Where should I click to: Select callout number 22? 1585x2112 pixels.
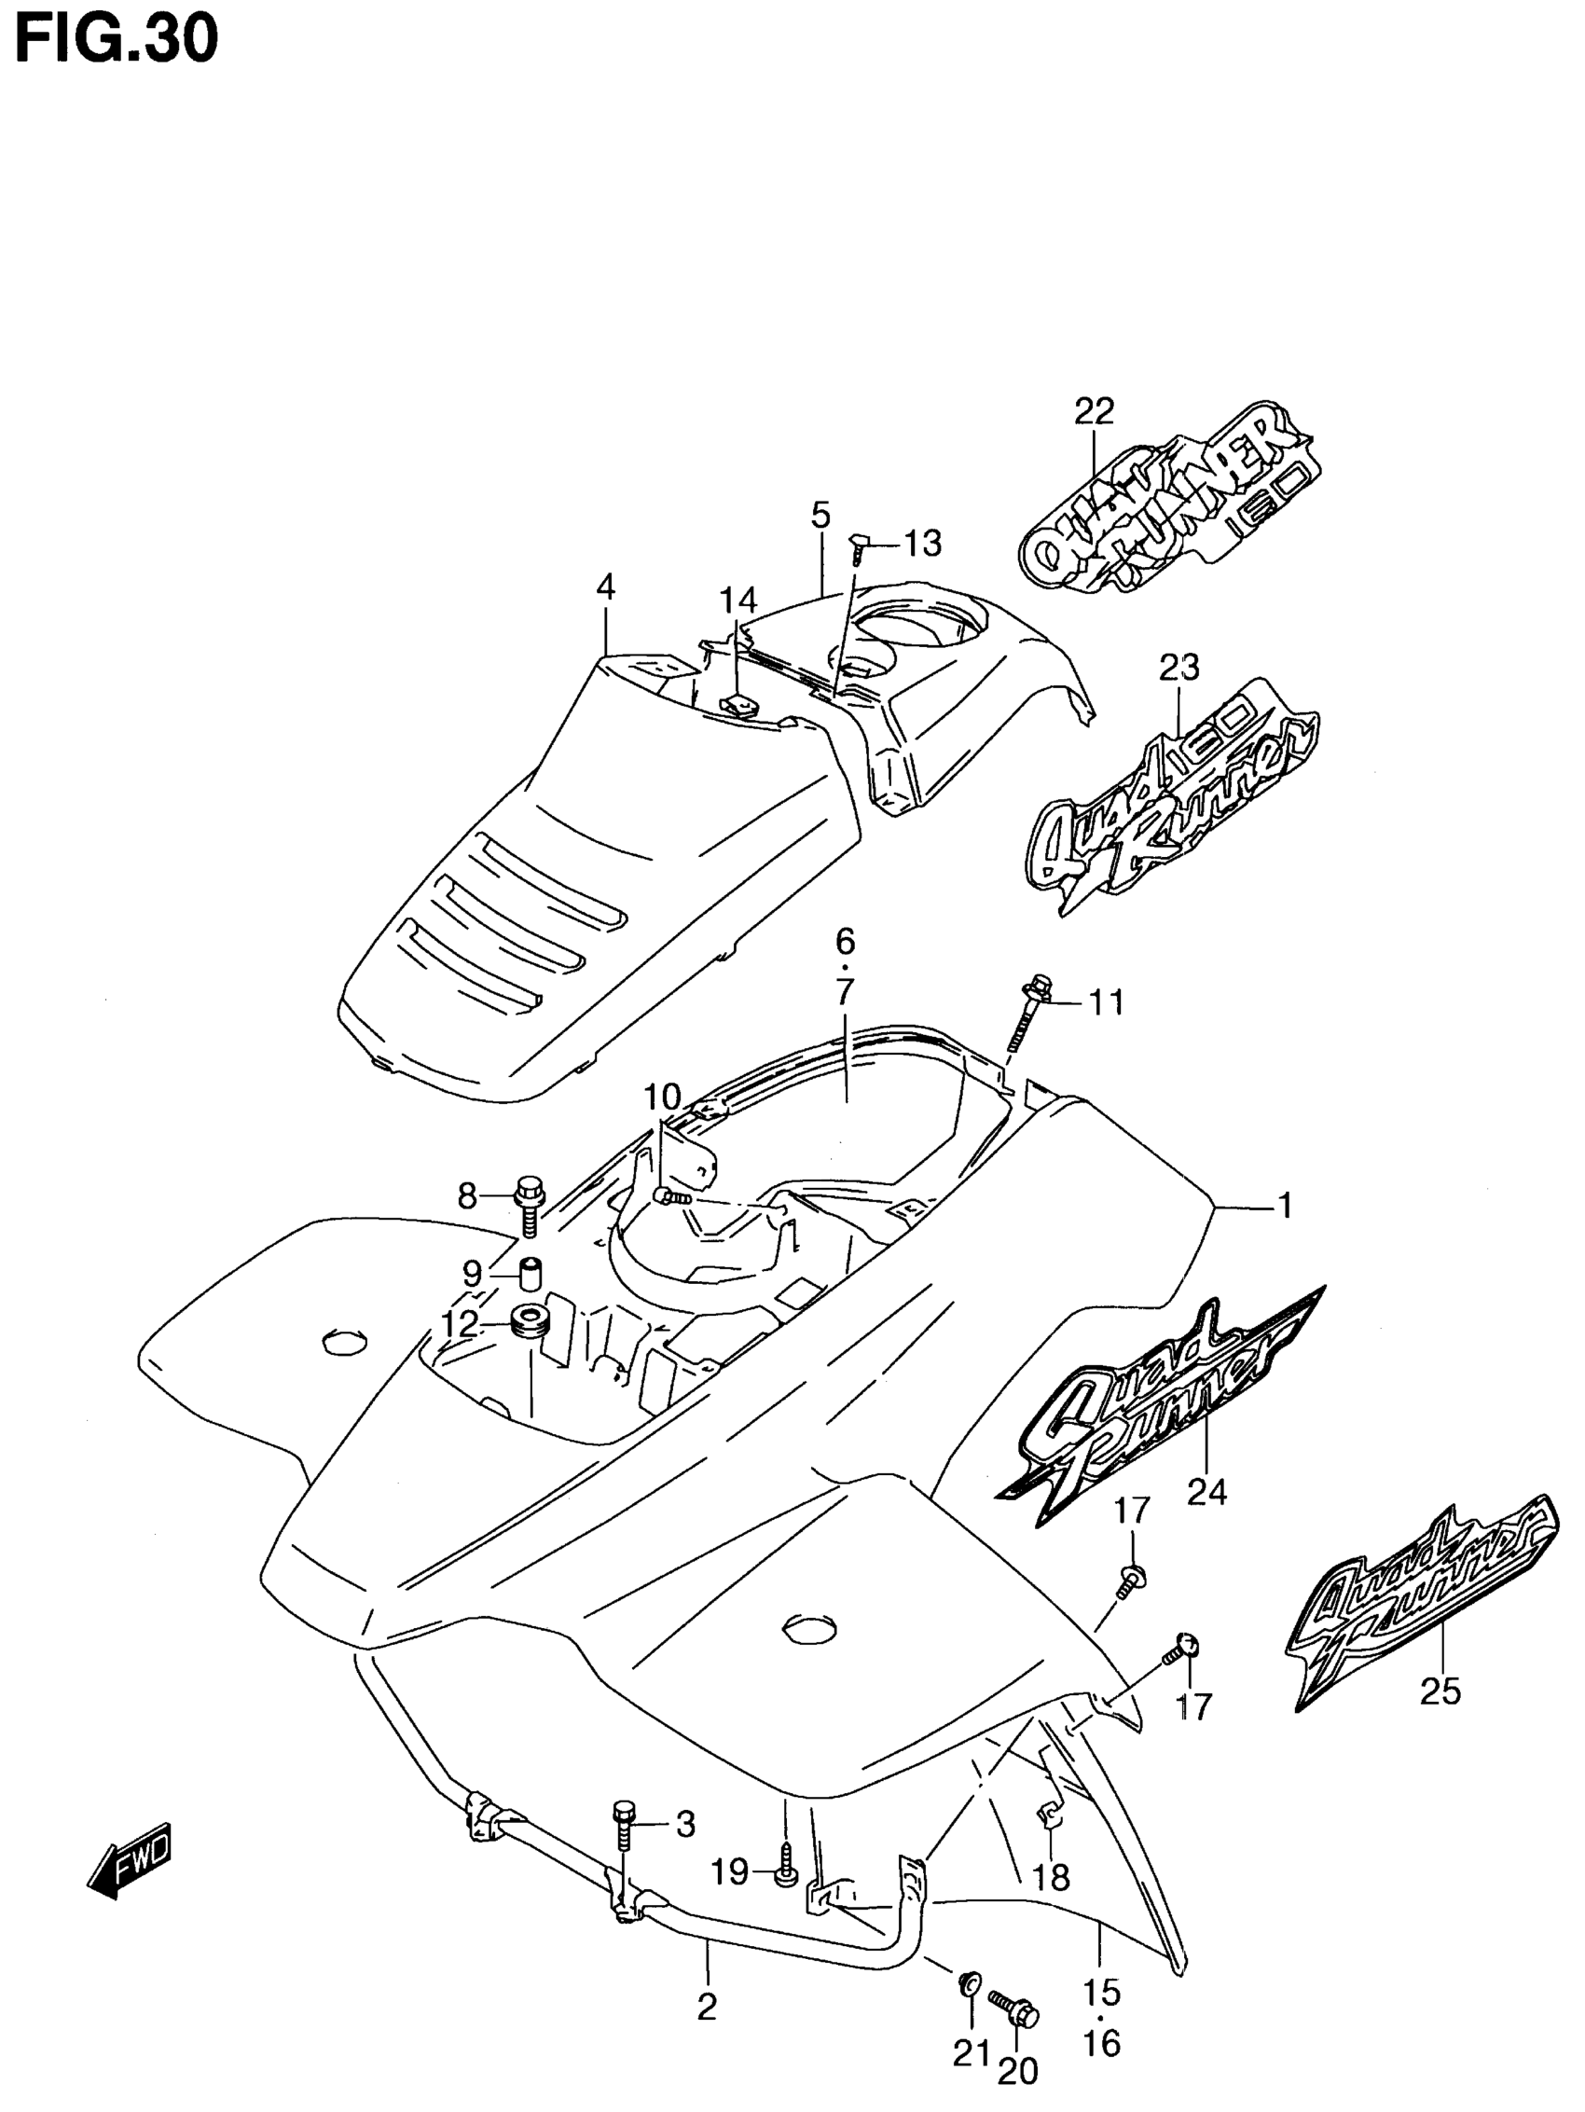coord(1095,411)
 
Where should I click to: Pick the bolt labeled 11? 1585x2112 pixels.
coord(1027,1014)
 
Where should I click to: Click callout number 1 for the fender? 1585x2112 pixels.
coord(1285,1206)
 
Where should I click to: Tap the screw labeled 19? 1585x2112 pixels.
coord(784,1872)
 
